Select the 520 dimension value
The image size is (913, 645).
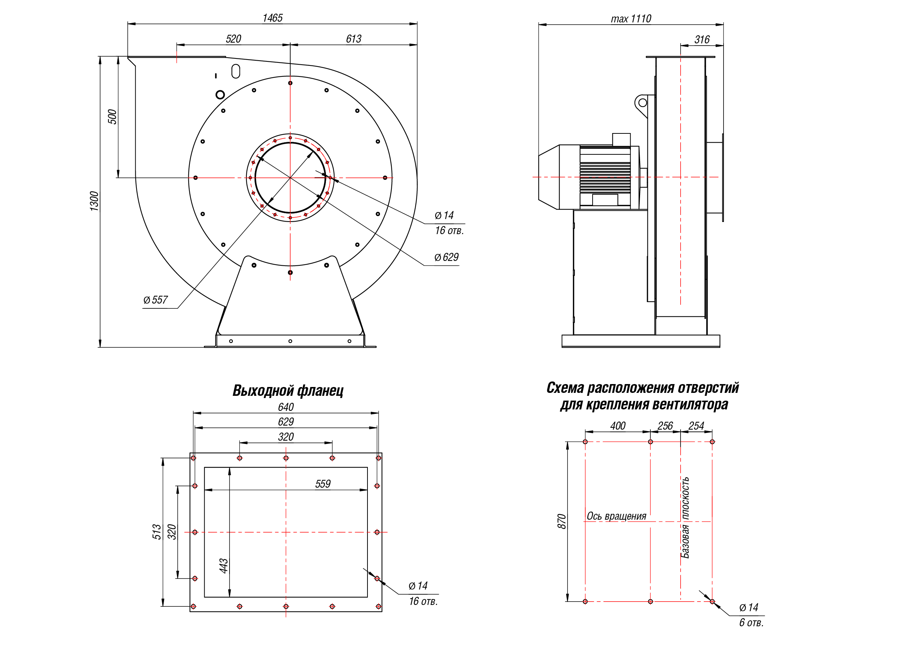coord(234,39)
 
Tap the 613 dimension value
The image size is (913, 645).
coord(354,39)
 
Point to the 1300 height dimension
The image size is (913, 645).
coord(94,201)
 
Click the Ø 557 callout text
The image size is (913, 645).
coord(156,300)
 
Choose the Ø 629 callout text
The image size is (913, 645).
coord(446,258)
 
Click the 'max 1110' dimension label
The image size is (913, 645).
coord(631,19)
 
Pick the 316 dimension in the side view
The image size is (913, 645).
coord(702,40)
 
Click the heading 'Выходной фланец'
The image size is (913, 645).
coord(288,391)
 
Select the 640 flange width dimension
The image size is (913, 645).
coord(286,407)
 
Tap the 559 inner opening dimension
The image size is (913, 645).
coord(323,484)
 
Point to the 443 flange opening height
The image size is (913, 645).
coord(224,566)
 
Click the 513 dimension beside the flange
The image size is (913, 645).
coord(157,532)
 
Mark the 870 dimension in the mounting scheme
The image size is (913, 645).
coord(561,522)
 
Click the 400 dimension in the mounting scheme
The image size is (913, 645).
coord(618,426)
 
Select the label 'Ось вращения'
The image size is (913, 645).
coord(617,516)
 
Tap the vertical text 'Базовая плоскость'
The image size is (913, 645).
coord(685,518)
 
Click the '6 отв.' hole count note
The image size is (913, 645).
coord(751,623)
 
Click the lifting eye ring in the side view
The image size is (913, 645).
coord(643,103)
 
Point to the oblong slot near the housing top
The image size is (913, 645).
coord(236,72)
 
